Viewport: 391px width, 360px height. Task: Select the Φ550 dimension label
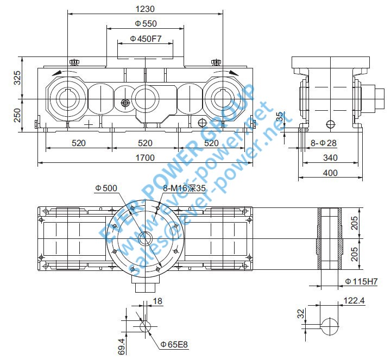pyautogui.click(x=145, y=24)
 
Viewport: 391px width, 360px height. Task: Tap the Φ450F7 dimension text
pyautogui.click(x=145, y=40)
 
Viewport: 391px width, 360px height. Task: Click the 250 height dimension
pyautogui.click(x=17, y=115)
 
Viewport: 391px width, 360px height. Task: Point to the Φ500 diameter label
pyautogui.click(x=106, y=188)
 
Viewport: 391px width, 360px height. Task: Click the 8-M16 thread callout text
pyautogui.click(x=185, y=188)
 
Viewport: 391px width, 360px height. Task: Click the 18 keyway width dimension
pyautogui.click(x=158, y=301)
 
